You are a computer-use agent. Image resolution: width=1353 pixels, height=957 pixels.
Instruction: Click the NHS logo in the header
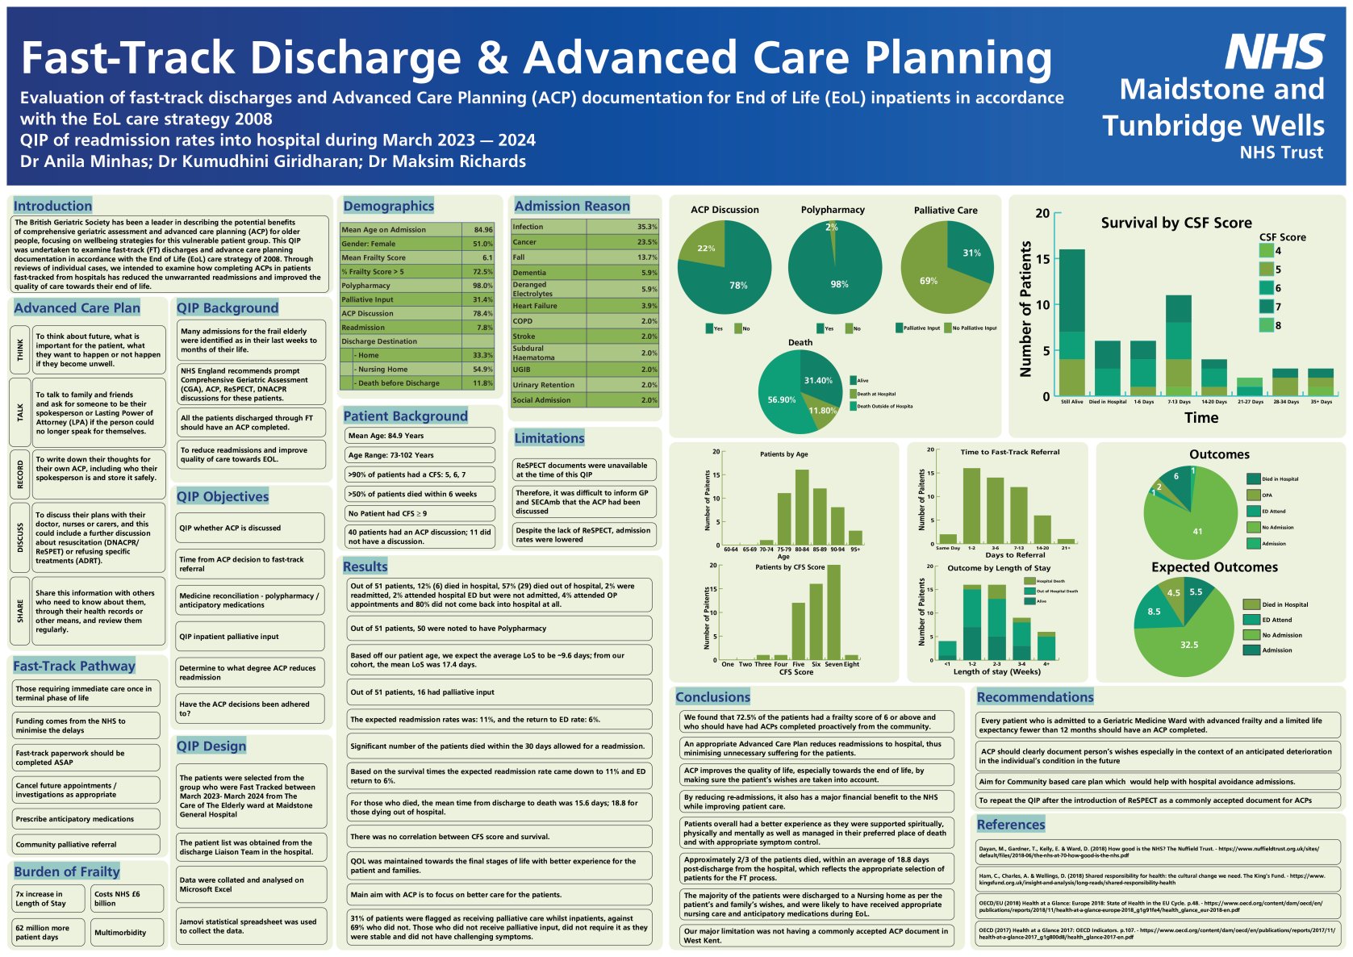(1275, 52)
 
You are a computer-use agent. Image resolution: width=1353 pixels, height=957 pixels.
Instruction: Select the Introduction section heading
(52, 206)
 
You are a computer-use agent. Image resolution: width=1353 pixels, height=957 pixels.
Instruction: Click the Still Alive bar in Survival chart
(1071, 323)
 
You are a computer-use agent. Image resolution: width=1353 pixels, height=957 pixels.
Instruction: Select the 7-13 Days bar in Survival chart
(1178, 347)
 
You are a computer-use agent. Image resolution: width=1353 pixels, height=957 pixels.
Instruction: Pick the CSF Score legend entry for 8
(1267, 325)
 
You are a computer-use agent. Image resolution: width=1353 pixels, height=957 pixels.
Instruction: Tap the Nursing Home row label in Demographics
(384, 369)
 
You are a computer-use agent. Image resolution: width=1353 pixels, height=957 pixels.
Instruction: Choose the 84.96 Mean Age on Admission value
(482, 230)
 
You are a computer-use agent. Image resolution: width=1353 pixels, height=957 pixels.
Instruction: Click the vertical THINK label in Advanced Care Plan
(20, 349)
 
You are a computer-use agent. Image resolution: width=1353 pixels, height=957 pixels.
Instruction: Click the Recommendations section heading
(1035, 697)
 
